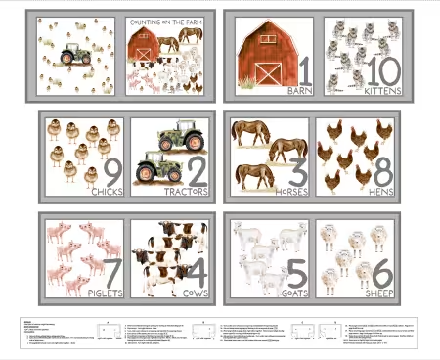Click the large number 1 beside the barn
pos(302,70)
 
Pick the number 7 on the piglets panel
pos(111,273)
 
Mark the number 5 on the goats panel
pos(297,273)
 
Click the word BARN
pos(299,92)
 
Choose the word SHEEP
pos(376,292)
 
